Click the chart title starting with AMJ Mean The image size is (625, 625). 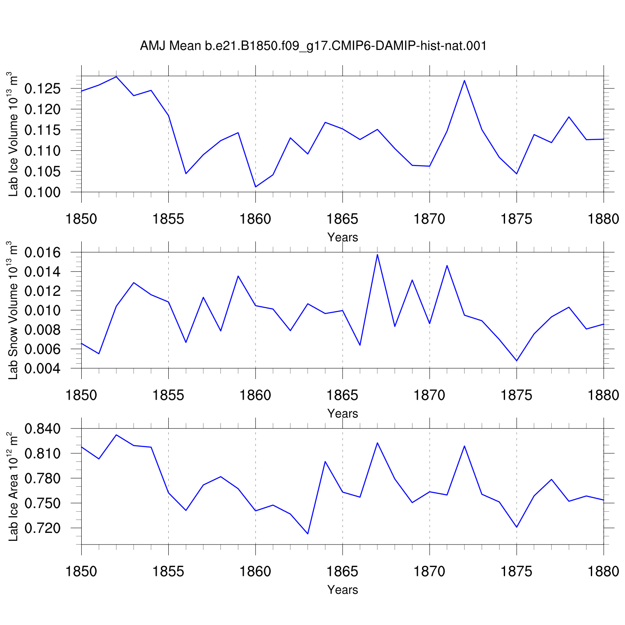tap(313, 46)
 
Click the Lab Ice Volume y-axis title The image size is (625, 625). tap(13, 134)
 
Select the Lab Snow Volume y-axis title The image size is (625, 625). tap(13, 310)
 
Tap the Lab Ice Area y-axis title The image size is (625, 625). tap(13, 487)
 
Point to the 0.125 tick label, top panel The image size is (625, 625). tap(42, 88)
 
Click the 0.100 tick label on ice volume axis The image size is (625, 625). tap(42, 192)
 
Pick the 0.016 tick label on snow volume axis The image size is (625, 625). tap(42, 252)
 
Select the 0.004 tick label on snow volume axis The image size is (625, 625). tap(42, 368)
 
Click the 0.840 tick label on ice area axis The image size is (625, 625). tap(42, 428)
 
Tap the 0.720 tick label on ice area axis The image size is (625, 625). tap(42, 528)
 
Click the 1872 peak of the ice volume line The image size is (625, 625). tap(464, 80)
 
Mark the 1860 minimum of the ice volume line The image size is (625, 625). tap(255, 187)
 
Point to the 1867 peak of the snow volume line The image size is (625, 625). tap(377, 255)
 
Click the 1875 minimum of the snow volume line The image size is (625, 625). tap(517, 361)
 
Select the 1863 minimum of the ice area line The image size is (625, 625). tap(307, 534)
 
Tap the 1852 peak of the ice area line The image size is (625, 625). tap(116, 435)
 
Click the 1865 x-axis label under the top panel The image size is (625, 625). tap(342, 219)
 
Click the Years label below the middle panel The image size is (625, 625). tap(342, 413)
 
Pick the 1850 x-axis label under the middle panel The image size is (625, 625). tap(81, 395)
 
